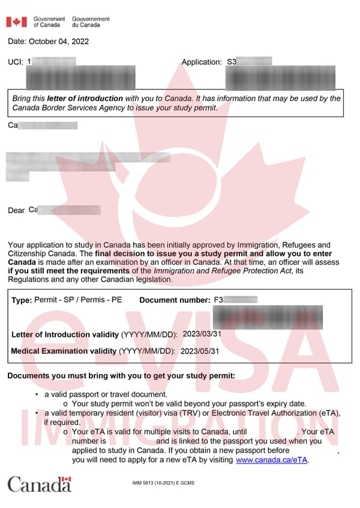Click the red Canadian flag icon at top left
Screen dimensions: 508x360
(16, 22)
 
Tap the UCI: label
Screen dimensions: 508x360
(16, 62)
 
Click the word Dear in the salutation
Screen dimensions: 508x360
(16, 211)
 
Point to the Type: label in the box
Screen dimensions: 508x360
(22, 300)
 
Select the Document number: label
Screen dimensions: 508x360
(175, 300)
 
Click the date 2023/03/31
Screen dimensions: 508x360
(202, 333)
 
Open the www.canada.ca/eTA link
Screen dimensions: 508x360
(272, 460)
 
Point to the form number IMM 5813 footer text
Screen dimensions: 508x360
(163, 483)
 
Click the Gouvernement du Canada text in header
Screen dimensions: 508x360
(91, 22)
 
